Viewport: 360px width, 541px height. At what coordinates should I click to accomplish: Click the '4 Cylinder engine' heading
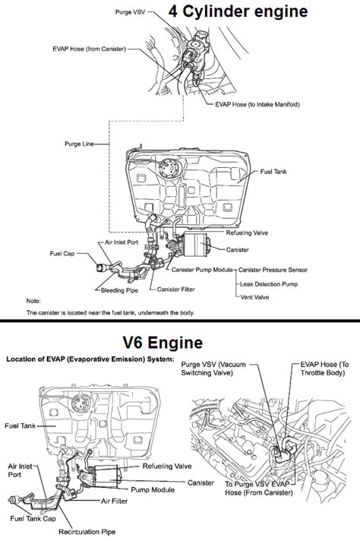coord(238,11)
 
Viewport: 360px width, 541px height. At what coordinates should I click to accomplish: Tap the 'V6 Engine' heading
coord(163,343)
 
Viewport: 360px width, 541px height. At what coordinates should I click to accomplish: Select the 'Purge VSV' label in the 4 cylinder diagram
coord(131,12)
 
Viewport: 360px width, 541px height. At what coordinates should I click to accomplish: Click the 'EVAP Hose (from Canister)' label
coord(90,49)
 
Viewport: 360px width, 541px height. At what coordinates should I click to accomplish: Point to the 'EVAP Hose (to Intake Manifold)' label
coord(257,104)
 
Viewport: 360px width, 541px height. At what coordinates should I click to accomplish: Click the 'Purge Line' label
coord(79,144)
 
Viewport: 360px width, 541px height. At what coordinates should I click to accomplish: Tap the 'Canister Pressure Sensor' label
coord(273,270)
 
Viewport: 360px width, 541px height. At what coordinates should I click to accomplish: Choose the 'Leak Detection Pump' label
coord(269,284)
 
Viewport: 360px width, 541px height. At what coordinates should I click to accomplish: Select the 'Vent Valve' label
coord(254,297)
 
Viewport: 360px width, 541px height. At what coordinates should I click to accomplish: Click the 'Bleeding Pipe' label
coord(119,290)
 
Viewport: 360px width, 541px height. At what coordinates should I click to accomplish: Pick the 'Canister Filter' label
coord(176,289)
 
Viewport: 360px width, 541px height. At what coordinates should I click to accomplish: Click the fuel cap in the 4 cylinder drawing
coord(101,267)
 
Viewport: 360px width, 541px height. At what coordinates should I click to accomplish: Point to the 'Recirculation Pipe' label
coord(87,532)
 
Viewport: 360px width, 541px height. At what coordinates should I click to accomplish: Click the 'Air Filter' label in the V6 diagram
coord(114,501)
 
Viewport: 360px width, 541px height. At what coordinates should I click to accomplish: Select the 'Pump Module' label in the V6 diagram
coord(153,489)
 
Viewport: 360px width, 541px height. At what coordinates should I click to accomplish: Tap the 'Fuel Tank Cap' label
coord(33,518)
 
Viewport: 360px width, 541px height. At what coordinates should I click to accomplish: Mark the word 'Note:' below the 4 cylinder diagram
coord(33,301)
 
